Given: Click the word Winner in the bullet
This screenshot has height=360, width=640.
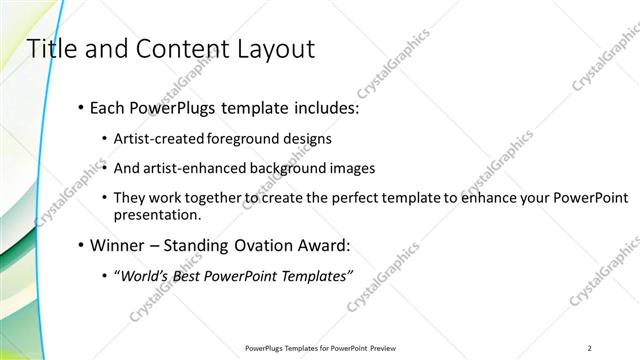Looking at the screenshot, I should [x=119, y=244].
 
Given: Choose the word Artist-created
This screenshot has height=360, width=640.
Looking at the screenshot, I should [x=160, y=139].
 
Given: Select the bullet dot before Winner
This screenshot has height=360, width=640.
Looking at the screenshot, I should [x=80, y=244].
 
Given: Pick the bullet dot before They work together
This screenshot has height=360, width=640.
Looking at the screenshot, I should [x=105, y=198].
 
